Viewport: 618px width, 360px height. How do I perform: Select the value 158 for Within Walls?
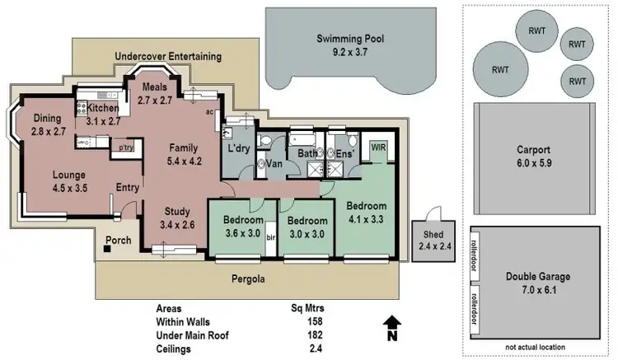click(314, 321)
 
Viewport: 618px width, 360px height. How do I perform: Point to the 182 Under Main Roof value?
click(314, 334)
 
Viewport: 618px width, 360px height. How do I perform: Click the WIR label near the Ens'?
click(379, 147)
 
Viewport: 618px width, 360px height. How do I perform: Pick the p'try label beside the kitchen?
click(126, 147)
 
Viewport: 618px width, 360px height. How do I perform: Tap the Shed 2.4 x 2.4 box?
click(428, 240)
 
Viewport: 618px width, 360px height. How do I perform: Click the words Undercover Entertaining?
click(168, 57)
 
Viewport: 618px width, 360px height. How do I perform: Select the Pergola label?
click(248, 279)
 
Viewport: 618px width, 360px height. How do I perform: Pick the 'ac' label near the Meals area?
click(211, 111)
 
